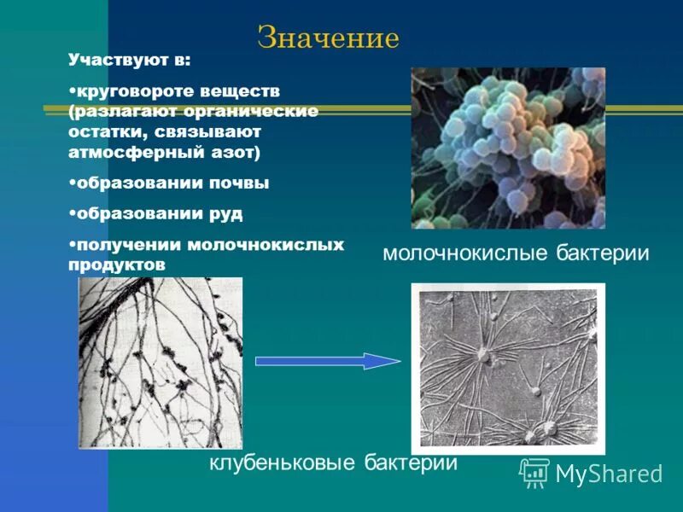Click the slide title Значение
coord(328,38)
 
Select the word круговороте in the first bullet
coord(132,90)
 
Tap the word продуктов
coord(116,265)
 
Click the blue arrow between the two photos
coord(328,361)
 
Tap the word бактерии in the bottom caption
coord(411,463)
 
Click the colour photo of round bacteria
coord(508,148)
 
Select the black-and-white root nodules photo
coord(161,364)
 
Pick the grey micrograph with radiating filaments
coord(508,369)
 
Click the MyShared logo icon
coord(534,472)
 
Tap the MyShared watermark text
coord(609,474)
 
